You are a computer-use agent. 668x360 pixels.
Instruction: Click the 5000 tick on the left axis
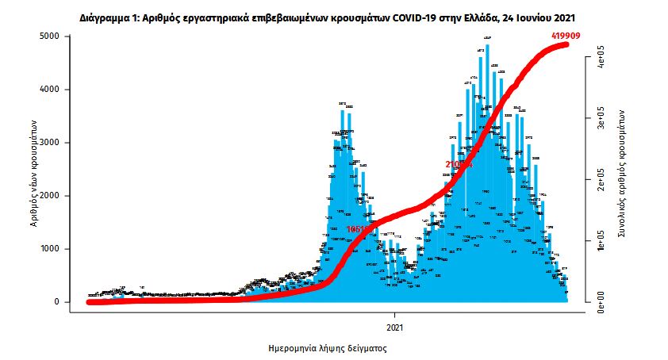pyautogui.click(x=49, y=36)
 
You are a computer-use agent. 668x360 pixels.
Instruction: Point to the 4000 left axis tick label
pyautogui.click(x=49, y=90)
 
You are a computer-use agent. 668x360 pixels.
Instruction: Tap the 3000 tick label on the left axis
pyautogui.click(x=49, y=143)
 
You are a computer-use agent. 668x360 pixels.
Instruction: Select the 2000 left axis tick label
pyautogui.click(x=49, y=196)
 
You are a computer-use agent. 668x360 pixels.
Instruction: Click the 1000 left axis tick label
pyautogui.click(x=49, y=249)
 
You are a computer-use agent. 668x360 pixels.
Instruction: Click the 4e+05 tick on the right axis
pyautogui.click(x=601, y=60)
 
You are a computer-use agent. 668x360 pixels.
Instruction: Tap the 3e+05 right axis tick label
pyautogui.click(x=601, y=121)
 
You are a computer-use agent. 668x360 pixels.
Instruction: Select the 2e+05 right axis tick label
pyautogui.click(x=601, y=181)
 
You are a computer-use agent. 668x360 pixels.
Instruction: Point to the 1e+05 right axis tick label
pyautogui.click(x=601, y=241)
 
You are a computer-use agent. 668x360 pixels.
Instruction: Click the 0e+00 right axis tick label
pyautogui.click(x=601, y=302)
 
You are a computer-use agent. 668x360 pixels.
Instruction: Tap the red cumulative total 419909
pyautogui.click(x=566, y=36)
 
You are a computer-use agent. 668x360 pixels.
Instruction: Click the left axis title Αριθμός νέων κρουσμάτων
pyautogui.click(x=34, y=169)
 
